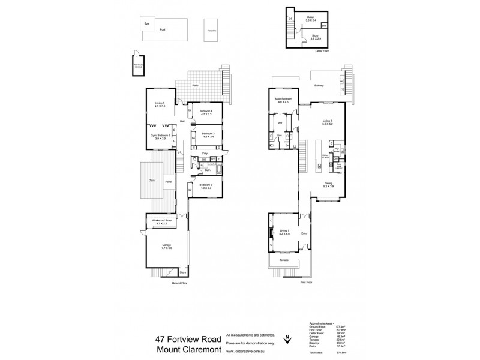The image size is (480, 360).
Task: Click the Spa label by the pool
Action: tap(146, 24)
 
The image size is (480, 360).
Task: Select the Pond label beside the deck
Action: tap(168, 181)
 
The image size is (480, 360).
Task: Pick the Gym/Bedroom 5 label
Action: tap(161, 136)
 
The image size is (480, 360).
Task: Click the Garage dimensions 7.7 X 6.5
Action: tap(165, 248)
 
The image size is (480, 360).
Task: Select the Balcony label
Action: tap(319, 86)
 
